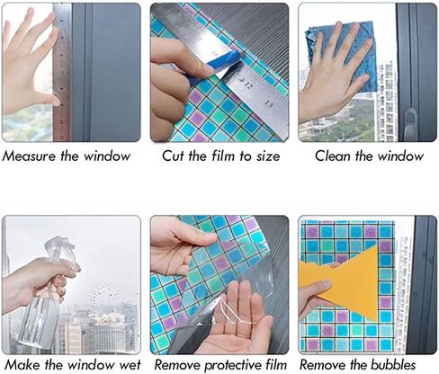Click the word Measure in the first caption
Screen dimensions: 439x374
tap(29, 156)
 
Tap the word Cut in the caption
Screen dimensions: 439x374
tap(174, 156)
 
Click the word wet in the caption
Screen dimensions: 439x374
tap(130, 365)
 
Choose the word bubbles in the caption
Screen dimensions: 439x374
tap(393, 365)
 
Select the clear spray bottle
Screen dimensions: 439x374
tap(48, 295)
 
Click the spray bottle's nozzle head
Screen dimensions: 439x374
tap(60, 249)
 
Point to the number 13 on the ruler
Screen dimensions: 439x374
tap(268, 104)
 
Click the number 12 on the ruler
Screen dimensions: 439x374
tap(248, 86)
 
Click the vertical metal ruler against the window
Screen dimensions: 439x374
tap(62, 72)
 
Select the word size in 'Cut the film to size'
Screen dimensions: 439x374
tap(268, 156)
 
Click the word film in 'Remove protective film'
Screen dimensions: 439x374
tap(275, 365)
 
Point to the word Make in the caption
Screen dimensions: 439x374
tap(22, 365)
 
